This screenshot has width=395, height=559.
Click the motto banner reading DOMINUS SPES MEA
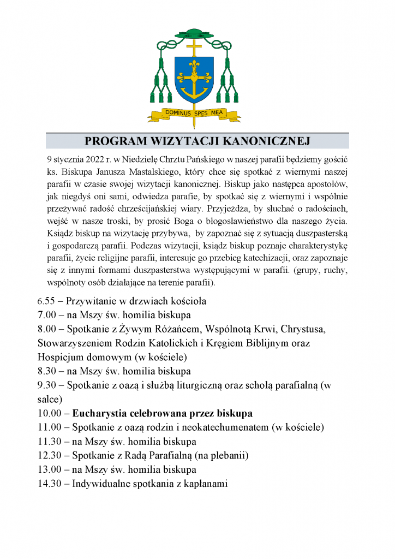coord(194,114)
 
